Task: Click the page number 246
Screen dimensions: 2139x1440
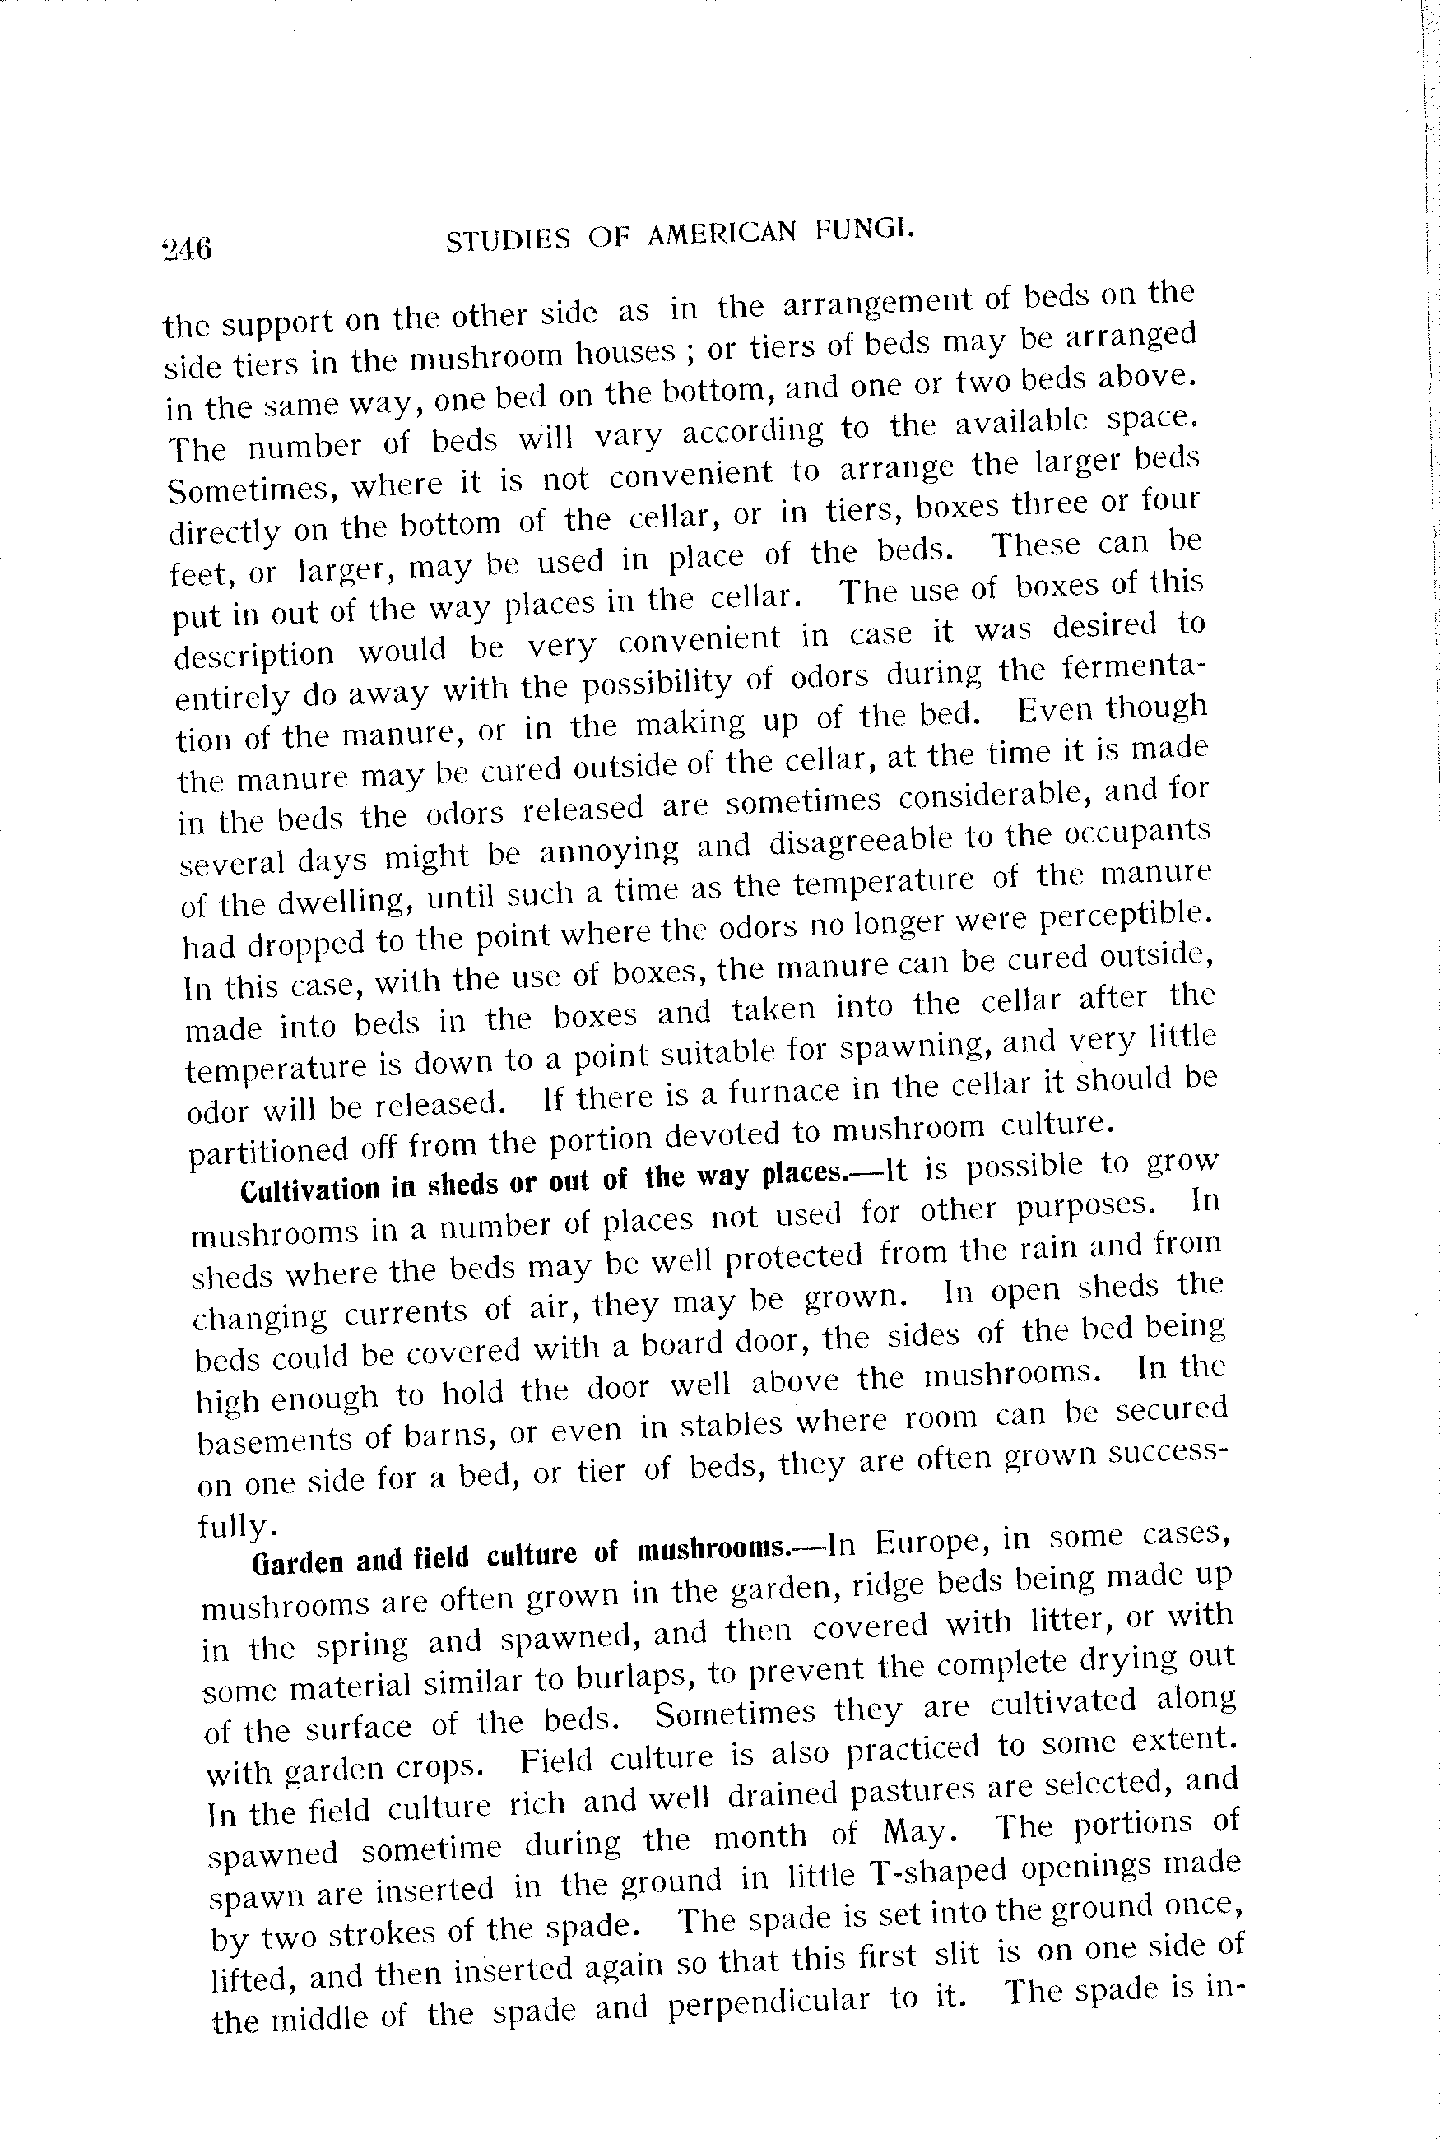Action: point(187,248)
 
